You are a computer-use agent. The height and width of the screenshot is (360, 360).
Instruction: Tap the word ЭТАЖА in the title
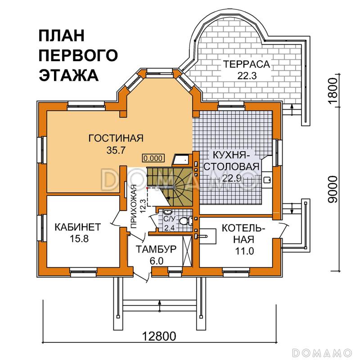(69, 75)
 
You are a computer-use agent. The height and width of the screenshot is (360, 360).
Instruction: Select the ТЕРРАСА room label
(246, 64)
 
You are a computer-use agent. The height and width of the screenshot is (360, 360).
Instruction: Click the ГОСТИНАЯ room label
(116, 138)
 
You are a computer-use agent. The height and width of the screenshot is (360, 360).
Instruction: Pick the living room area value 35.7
(116, 150)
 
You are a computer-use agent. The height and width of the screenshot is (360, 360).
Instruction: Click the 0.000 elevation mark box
(153, 158)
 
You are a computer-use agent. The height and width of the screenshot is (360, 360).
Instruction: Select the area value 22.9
(230, 178)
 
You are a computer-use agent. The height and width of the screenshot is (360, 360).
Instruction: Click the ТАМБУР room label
(157, 249)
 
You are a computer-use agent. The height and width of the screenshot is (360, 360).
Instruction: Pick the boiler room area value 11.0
(244, 251)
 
